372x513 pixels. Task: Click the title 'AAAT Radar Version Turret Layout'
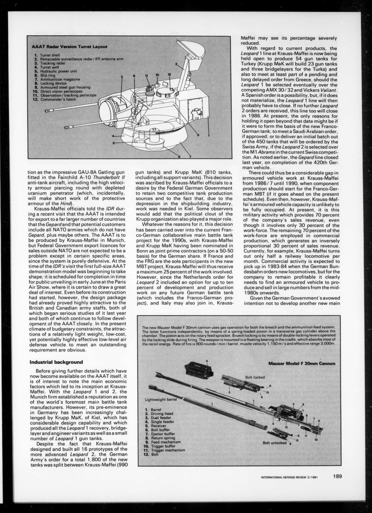[x=69, y=47]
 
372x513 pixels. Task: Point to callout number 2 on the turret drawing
[x=176, y=64]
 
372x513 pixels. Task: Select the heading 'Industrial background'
[x=56, y=362]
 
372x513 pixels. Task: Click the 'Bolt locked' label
[x=255, y=377]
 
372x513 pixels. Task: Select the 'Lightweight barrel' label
[x=159, y=399]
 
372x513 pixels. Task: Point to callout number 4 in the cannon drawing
[x=206, y=361]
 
